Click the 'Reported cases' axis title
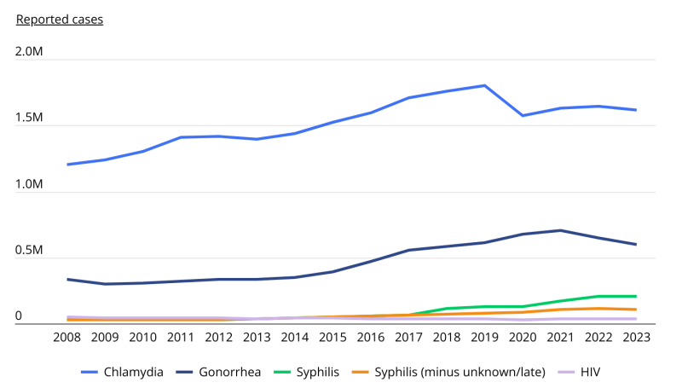coord(60,19)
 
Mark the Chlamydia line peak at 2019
coord(485,85)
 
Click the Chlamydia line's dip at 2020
coord(523,115)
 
